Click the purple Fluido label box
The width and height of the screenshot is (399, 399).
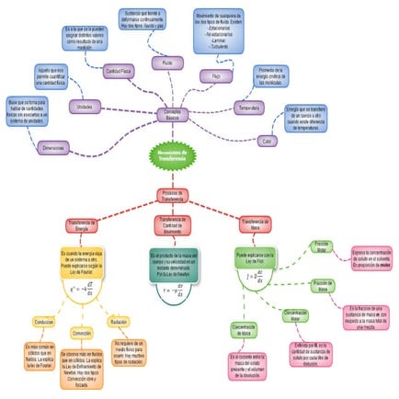[x=166, y=63]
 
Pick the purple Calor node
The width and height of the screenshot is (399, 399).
[x=266, y=140]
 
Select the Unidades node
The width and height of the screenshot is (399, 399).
[x=85, y=108]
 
